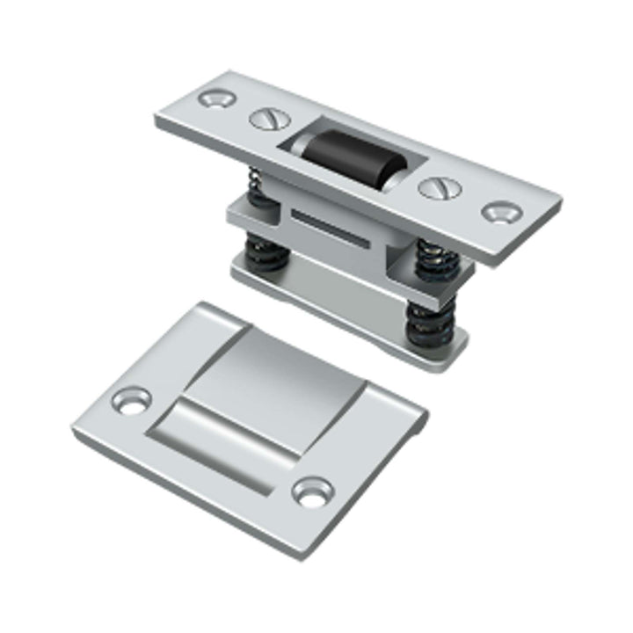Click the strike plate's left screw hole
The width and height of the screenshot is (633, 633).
pyautogui.click(x=132, y=401)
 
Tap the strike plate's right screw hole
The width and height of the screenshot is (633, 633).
pyautogui.click(x=312, y=491)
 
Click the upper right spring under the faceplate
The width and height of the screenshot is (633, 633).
pyautogui.click(x=437, y=259)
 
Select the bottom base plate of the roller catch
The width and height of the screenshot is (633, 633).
pyautogui.click(x=352, y=308)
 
